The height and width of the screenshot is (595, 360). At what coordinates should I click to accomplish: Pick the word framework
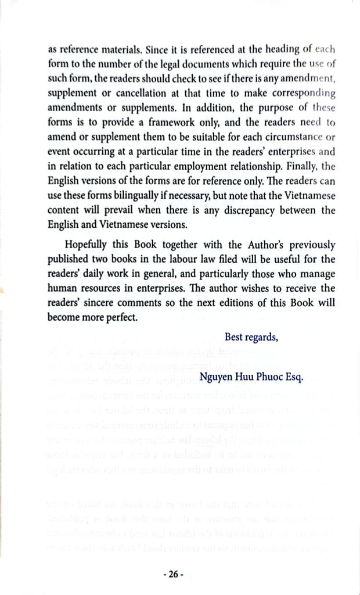point(159,122)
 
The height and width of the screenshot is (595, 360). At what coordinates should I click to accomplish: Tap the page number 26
point(174,574)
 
